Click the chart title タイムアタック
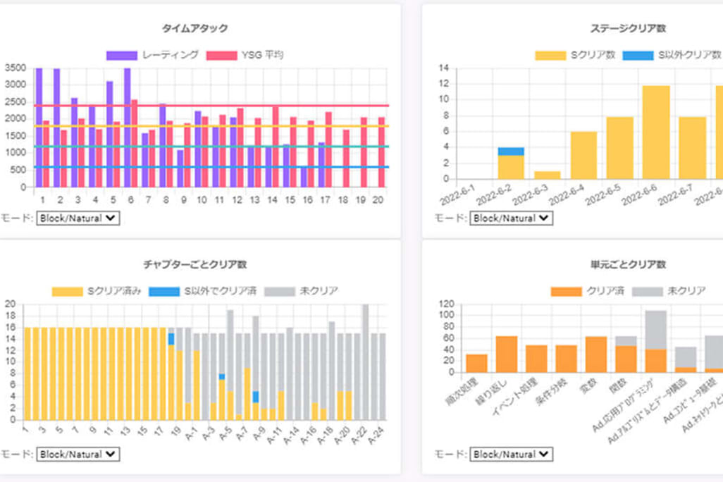[194, 29]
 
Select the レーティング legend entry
[153, 55]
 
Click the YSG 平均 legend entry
[245, 55]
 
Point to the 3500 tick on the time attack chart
[15, 68]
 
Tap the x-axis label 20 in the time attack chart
[378, 200]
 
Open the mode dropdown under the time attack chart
[78, 218]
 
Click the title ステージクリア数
[628, 29]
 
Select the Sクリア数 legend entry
[575, 55]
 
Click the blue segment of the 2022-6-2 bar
[511, 151]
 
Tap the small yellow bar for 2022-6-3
[547, 175]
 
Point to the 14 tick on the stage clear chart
[443, 68]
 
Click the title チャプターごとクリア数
[194, 265]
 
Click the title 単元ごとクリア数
[628, 265]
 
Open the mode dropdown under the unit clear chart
[512, 455]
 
